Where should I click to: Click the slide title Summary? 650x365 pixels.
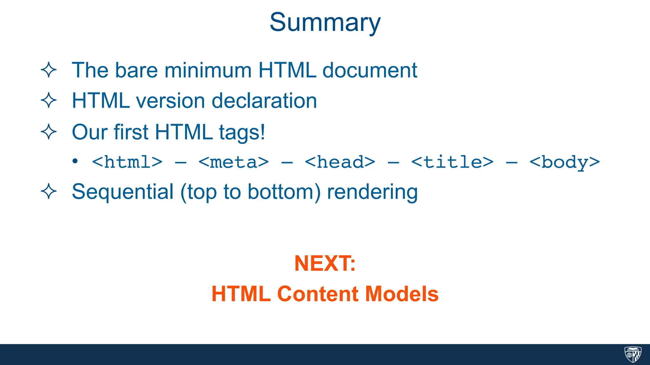pyautogui.click(x=325, y=23)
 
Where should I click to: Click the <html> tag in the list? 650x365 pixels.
pyautogui.click(x=127, y=162)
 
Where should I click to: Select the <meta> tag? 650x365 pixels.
pyautogui.click(x=234, y=162)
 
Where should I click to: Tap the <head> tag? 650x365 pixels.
pyautogui.click(x=340, y=162)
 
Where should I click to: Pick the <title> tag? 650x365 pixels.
pyautogui.click(x=452, y=162)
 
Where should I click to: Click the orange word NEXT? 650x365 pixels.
pyautogui.click(x=325, y=263)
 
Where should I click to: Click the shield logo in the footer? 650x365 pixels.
pyautogui.click(x=633, y=354)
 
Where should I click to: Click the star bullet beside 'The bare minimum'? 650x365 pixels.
pyautogui.click(x=49, y=70)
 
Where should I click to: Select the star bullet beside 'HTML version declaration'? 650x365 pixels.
pyautogui.click(x=49, y=100)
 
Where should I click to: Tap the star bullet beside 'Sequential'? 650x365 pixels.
pyautogui.click(x=49, y=191)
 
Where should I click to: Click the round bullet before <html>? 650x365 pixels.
pyautogui.click(x=75, y=162)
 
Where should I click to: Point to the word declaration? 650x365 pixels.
pyautogui.click(x=264, y=101)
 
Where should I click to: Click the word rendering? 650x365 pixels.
pyautogui.click(x=372, y=192)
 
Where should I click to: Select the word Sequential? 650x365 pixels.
pyautogui.click(x=123, y=192)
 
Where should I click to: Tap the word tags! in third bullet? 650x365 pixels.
pyautogui.click(x=242, y=132)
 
